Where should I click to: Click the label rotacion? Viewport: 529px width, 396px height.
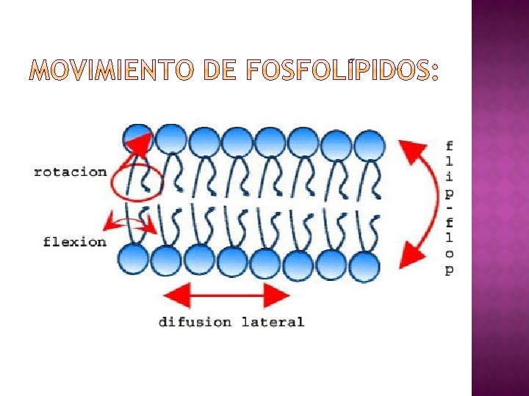pyautogui.click(x=71, y=172)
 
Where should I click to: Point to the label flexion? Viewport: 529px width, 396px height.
pyautogui.click(x=75, y=241)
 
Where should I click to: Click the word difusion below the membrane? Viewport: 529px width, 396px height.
pyautogui.click(x=195, y=322)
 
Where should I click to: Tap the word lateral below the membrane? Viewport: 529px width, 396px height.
pyautogui.click(x=273, y=322)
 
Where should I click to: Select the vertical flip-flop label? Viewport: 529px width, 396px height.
pyautogui.click(x=449, y=208)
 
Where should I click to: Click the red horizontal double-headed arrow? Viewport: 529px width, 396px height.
pyautogui.click(x=226, y=296)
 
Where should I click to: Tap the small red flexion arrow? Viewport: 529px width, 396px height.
pyautogui.click(x=133, y=223)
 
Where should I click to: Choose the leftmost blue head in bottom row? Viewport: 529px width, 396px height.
pyautogui.click(x=133, y=259)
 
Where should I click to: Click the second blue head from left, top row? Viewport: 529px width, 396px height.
pyautogui.click(x=172, y=139)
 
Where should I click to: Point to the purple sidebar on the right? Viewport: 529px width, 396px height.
pyautogui.click(x=500, y=198)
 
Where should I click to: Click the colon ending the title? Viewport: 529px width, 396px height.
pyautogui.click(x=435, y=72)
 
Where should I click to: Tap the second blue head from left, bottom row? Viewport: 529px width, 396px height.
pyautogui.click(x=167, y=260)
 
